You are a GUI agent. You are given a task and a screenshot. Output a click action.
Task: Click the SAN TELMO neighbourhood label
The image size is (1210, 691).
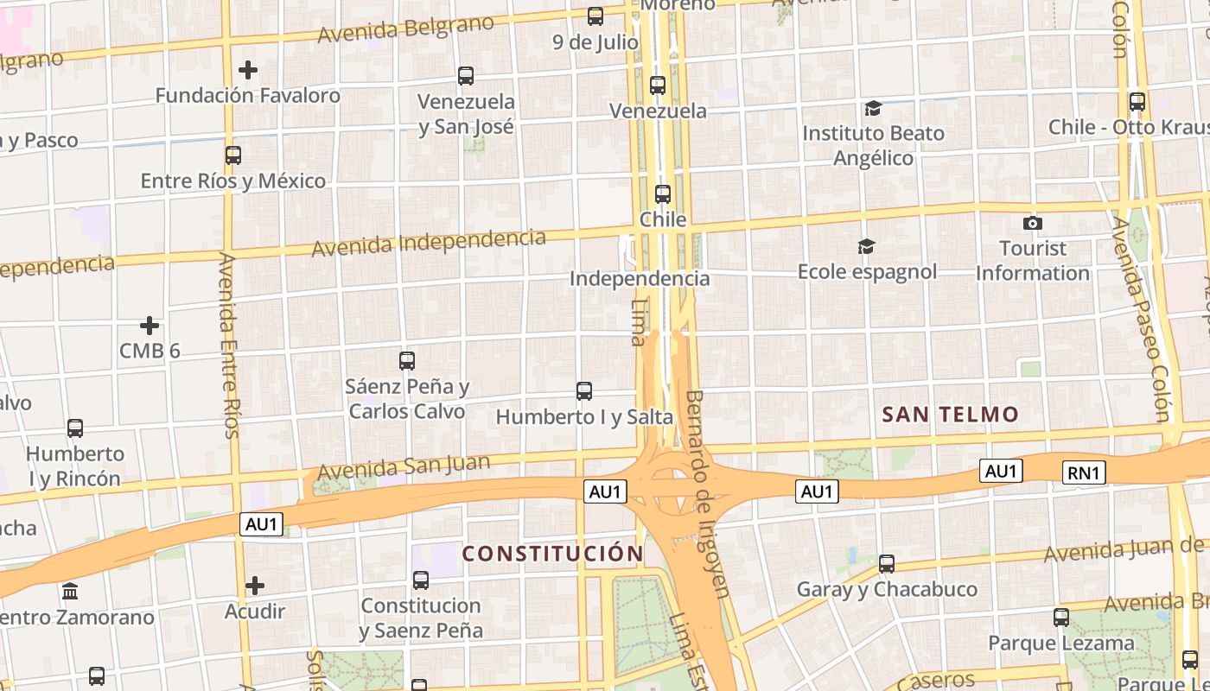pyautogui.click(x=950, y=415)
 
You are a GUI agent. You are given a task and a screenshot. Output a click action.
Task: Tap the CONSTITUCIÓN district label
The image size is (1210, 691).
pyautogui.click(x=552, y=554)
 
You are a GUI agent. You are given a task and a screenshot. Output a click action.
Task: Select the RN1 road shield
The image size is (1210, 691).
pyautogui.click(x=1083, y=472)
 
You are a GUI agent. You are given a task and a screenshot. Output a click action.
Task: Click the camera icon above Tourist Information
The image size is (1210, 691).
pyautogui.click(x=1032, y=224)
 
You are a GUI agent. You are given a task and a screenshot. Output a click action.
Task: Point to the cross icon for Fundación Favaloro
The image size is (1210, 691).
pyautogui.click(x=248, y=69)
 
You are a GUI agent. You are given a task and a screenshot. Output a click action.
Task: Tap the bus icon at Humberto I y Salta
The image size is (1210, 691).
pyautogui.click(x=584, y=391)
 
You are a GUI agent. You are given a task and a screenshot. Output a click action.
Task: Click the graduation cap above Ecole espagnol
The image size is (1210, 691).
pyautogui.click(x=866, y=247)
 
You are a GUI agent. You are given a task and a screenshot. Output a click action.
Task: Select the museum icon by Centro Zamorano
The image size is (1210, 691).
pyautogui.click(x=70, y=593)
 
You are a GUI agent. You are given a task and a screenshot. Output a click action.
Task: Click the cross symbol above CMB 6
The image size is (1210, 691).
pyautogui.click(x=150, y=326)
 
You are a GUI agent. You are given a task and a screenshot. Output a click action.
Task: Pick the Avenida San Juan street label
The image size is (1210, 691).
pyautogui.click(x=404, y=467)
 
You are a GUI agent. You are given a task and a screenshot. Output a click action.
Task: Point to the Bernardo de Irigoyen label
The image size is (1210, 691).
pyautogui.click(x=708, y=492)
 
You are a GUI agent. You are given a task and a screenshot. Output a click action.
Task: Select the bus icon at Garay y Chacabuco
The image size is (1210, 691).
pyautogui.click(x=887, y=564)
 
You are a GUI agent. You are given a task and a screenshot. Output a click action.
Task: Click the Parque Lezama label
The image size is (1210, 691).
pyautogui.click(x=1060, y=643)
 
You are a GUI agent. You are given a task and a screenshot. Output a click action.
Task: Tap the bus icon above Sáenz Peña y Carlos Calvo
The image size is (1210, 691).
pyautogui.click(x=407, y=361)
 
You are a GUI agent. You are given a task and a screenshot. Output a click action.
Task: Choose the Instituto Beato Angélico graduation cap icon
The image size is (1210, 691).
pyautogui.click(x=873, y=108)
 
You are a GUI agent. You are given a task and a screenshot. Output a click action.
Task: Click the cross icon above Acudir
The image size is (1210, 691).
pyautogui.click(x=255, y=586)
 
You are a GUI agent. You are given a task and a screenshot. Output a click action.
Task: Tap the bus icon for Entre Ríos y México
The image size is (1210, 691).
pyautogui.click(x=233, y=155)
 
